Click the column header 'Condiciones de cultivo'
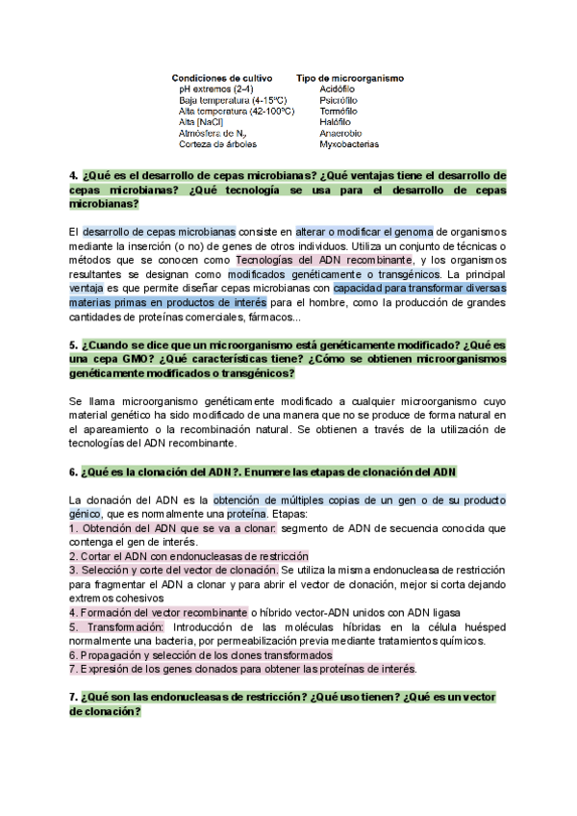[x=221, y=78]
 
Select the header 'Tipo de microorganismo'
[x=349, y=78]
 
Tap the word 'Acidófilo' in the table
[x=338, y=89]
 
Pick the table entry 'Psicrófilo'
[x=339, y=100]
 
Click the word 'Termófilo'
[x=339, y=111]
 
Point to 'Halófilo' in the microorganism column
[x=338, y=122]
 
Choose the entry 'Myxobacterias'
[x=349, y=144]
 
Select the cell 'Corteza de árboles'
[x=217, y=144]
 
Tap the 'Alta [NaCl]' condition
[x=200, y=122]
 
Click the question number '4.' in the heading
[x=74, y=175]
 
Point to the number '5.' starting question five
[x=74, y=344]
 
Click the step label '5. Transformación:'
[x=116, y=626]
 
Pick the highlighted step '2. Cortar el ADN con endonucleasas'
[x=188, y=556]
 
